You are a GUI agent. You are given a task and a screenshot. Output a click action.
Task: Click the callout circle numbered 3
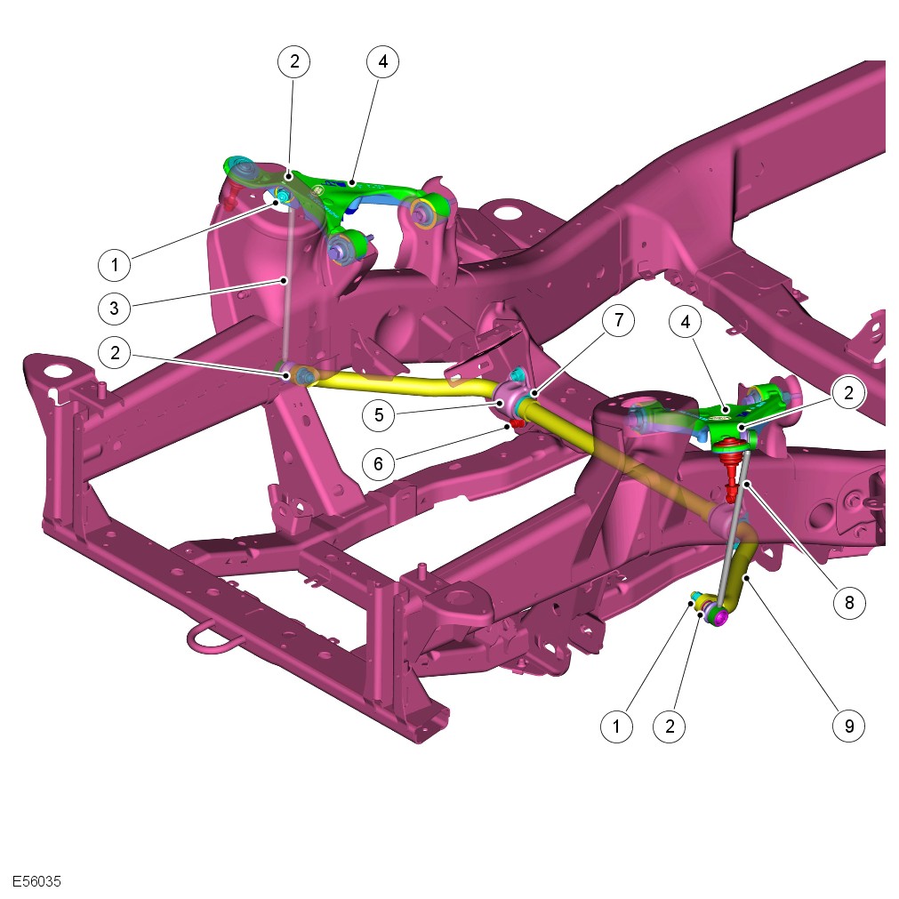click(x=114, y=308)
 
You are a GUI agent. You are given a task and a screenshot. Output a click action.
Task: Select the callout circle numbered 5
click(x=379, y=414)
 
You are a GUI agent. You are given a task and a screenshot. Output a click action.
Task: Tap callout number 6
click(x=379, y=463)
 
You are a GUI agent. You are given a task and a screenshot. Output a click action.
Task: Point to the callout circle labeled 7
click(x=619, y=320)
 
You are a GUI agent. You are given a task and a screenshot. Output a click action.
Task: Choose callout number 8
click(x=849, y=603)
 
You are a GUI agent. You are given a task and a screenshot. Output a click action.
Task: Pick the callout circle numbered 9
click(x=849, y=726)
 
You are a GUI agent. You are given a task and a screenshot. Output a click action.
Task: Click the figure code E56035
click(x=36, y=880)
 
